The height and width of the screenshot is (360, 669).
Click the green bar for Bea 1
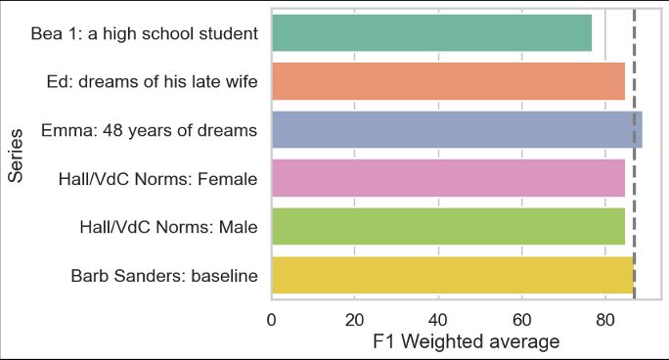click(x=431, y=33)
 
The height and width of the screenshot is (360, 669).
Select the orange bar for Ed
click(x=448, y=81)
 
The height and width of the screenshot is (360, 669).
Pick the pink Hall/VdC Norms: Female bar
click(x=448, y=178)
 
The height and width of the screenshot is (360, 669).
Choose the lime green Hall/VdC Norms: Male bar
click(x=448, y=226)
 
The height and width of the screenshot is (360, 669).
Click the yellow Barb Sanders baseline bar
click(x=452, y=275)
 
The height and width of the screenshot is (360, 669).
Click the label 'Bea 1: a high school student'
click(x=145, y=34)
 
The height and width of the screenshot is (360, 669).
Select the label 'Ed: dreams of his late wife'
click(x=153, y=82)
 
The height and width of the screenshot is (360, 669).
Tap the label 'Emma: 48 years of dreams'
click(x=150, y=130)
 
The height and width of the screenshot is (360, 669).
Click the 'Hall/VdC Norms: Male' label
click(x=168, y=227)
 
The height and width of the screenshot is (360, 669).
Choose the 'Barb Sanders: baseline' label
click(x=164, y=276)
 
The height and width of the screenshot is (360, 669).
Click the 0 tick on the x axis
click(x=271, y=318)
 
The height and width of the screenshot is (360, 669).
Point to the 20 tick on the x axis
click(x=355, y=318)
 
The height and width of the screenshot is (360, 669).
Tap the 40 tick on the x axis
click(x=438, y=318)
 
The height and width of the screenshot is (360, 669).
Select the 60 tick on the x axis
click(x=522, y=318)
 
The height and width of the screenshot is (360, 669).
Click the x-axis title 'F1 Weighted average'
click(x=467, y=342)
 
